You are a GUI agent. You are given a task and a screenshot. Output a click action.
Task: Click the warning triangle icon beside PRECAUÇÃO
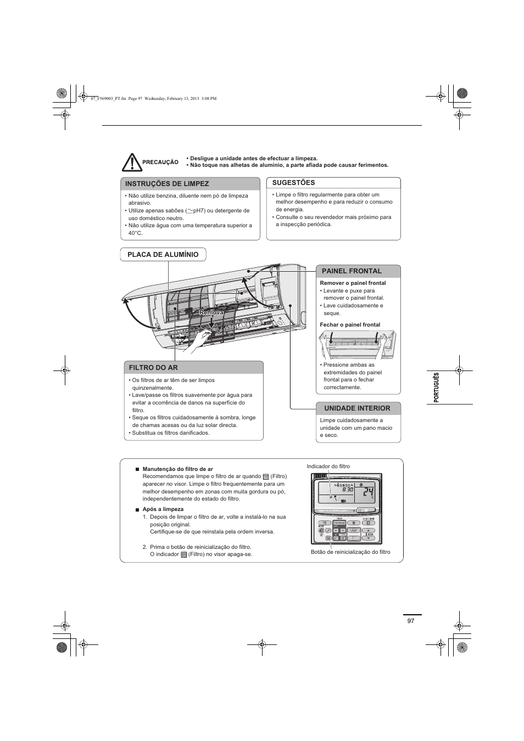(132, 162)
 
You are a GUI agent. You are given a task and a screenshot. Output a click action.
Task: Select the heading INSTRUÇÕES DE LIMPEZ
(167, 184)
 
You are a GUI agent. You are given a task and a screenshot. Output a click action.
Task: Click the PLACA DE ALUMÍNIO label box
(163, 255)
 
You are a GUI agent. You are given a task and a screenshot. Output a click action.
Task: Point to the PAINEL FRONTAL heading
(352, 271)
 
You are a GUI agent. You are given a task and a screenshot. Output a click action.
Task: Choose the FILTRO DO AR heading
(154, 368)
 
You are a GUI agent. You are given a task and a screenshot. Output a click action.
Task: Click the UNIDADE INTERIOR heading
(357, 408)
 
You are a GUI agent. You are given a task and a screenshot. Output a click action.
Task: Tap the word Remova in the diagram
(211, 312)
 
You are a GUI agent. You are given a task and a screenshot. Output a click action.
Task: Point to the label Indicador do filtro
(328, 467)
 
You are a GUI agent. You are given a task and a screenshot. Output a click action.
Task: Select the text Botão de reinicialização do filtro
(350, 552)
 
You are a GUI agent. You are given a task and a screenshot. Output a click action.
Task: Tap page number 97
(411, 621)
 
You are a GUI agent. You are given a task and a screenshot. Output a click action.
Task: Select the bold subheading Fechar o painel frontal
(350, 325)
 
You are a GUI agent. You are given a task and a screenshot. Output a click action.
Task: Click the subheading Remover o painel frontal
(353, 283)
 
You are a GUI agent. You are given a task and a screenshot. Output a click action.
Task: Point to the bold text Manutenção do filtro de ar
(177, 469)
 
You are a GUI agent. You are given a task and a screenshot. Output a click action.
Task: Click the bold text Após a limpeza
(163, 509)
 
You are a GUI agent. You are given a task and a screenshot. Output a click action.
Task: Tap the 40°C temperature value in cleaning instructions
(135, 233)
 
